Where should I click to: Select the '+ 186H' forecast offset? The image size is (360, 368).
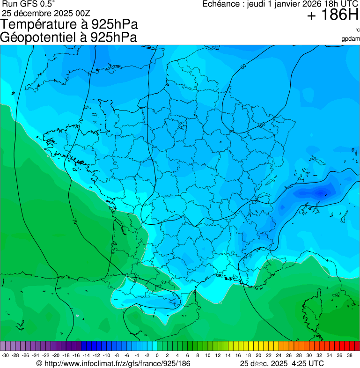[333, 16]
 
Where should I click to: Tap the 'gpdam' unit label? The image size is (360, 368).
[351, 38]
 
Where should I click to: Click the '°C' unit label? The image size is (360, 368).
[357, 30]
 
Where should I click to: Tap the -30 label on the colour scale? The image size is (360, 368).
[5, 355]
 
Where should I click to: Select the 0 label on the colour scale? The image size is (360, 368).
[157, 355]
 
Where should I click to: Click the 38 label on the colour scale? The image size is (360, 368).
[349, 355]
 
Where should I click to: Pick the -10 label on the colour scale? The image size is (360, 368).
[106, 355]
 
